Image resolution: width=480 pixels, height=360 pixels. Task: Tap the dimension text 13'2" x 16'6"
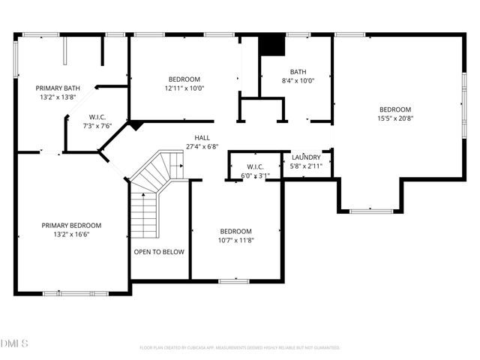click(x=71, y=234)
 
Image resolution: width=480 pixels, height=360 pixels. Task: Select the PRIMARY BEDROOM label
click(x=71, y=225)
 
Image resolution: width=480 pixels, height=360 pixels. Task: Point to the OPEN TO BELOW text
click(x=159, y=252)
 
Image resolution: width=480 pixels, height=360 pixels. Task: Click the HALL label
click(x=202, y=137)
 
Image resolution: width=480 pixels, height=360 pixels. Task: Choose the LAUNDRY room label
click(x=306, y=157)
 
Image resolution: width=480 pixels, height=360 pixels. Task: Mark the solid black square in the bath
click(x=272, y=45)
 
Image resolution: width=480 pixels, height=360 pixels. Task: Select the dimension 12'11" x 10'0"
click(x=184, y=88)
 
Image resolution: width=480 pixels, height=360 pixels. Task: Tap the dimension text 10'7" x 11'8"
click(x=235, y=240)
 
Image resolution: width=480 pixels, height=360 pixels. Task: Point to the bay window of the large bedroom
click(x=371, y=211)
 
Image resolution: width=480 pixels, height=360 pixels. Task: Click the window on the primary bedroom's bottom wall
click(x=67, y=292)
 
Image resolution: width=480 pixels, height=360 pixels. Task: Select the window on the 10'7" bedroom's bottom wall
click(x=233, y=281)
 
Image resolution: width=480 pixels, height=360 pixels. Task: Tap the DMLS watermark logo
click(x=14, y=343)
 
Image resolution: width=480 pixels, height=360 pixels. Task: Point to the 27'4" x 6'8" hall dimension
click(x=202, y=146)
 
